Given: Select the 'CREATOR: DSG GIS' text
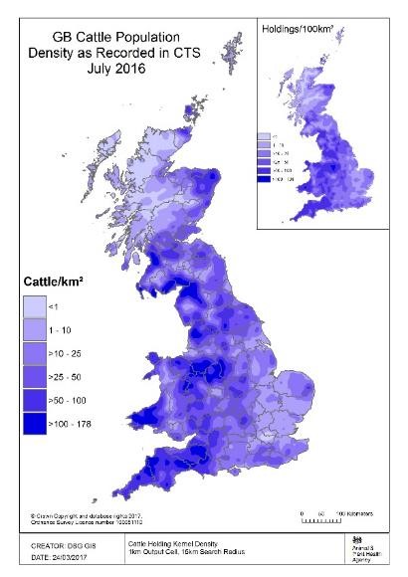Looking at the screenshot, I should (56, 545).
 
